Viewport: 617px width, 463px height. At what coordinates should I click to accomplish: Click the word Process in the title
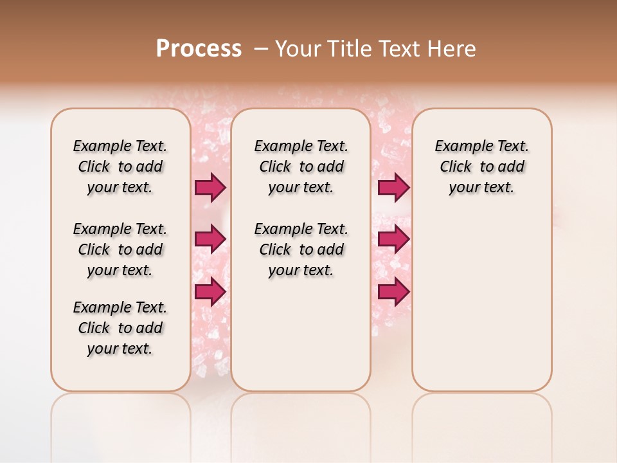click(x=199, y=49)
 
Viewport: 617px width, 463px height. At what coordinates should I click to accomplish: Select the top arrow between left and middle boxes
click(x=210, y=187)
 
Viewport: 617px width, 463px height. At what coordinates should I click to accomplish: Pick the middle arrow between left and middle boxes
click(x=210, y=239)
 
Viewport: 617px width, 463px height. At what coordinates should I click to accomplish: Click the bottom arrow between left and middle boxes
click(x=210, y=291)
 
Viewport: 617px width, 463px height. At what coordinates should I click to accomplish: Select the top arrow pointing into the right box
click(x=393, y=187)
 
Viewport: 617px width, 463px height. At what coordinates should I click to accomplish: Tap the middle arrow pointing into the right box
click(x=393, y=239)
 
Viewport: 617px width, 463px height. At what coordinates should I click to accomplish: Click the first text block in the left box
click(x=120, y=167)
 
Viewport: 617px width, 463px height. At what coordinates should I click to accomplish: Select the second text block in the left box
click(x=120, y=250)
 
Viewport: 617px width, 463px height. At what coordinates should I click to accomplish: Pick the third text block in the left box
click(x=120, y=328)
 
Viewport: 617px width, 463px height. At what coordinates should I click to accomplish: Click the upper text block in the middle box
click(x=301, y=167)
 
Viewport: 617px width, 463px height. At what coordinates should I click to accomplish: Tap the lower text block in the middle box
click(x=301, y=250)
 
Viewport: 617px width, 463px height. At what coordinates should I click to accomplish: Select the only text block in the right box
click(x=482, y=167)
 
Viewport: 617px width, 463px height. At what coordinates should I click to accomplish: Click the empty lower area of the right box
click(x=482, y=302)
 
